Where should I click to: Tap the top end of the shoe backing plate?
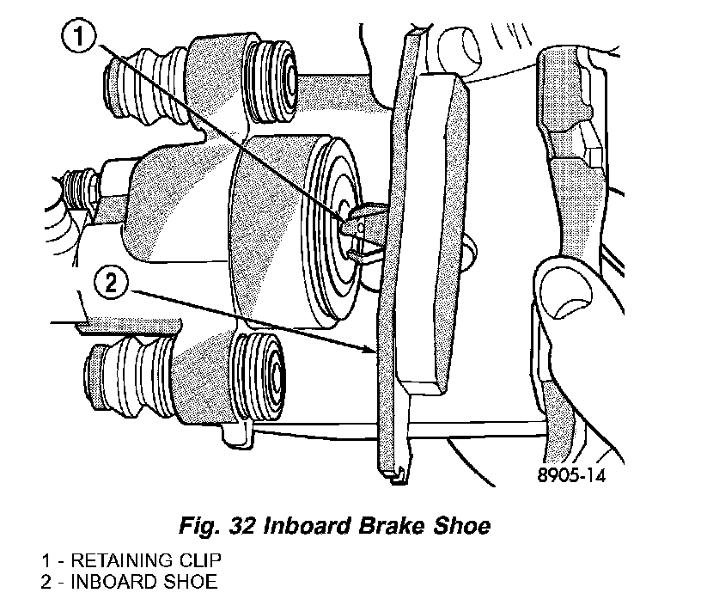coord(414,34)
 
